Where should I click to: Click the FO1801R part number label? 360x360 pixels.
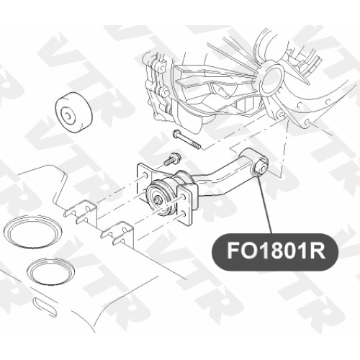pos(275,251)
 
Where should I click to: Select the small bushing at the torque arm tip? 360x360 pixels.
pos(260,166)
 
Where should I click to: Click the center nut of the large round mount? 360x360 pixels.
pos(158,199)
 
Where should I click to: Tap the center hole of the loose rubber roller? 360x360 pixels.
pos(68,115)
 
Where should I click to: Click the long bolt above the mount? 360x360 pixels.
pos(186,139)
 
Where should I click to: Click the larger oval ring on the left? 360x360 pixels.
pos(32,231)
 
